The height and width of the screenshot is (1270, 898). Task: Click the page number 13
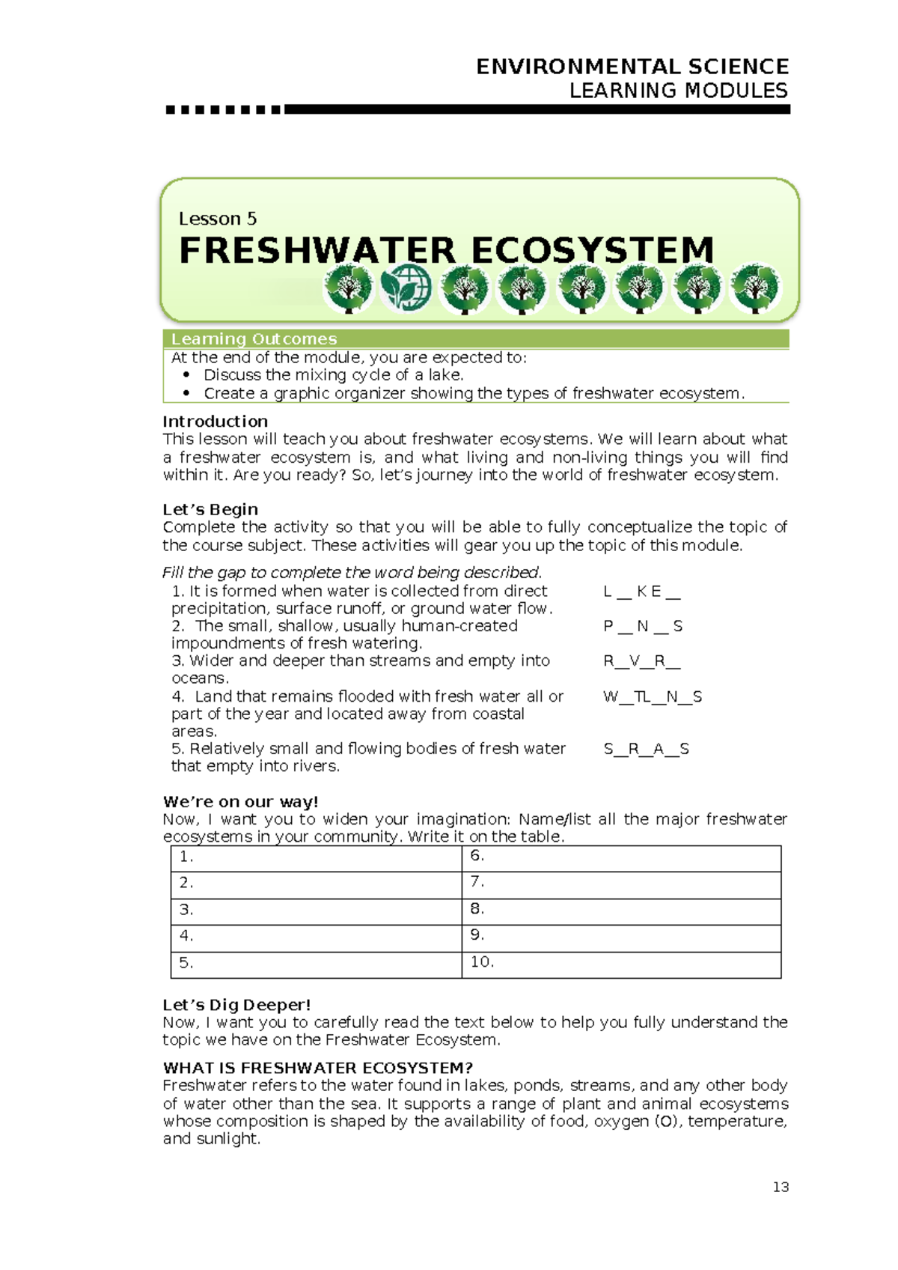point(781,1187)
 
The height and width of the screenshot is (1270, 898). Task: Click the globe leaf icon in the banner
point(406,288)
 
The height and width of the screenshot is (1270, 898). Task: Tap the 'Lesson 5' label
point(217,219)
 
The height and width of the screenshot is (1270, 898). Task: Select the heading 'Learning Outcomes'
point(254,339)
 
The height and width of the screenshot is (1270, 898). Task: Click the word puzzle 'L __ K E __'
point(641,592)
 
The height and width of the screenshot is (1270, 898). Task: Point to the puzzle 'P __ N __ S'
point(642,626)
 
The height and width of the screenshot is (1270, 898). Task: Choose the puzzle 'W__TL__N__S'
point(653,696)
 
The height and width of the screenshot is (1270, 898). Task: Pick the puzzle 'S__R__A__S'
point(646,749)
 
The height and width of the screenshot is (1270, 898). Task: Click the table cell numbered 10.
point(621,964)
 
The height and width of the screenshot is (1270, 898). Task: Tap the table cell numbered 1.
point(316,858)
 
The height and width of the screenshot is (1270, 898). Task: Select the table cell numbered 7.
point(621,884)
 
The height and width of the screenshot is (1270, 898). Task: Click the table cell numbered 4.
point(316,938)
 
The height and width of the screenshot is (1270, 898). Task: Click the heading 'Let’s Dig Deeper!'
point(236,1005)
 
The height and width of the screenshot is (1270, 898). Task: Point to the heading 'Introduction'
point(215,422)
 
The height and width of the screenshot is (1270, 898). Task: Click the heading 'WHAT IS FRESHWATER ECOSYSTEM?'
point(318,1068)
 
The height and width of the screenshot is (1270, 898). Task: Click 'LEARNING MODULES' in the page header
point(678,91)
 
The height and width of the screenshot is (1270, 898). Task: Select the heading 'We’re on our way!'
point(240,802)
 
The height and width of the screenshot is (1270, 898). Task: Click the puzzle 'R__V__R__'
point(641,661)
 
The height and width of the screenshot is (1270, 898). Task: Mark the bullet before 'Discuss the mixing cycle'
point(186,374)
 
